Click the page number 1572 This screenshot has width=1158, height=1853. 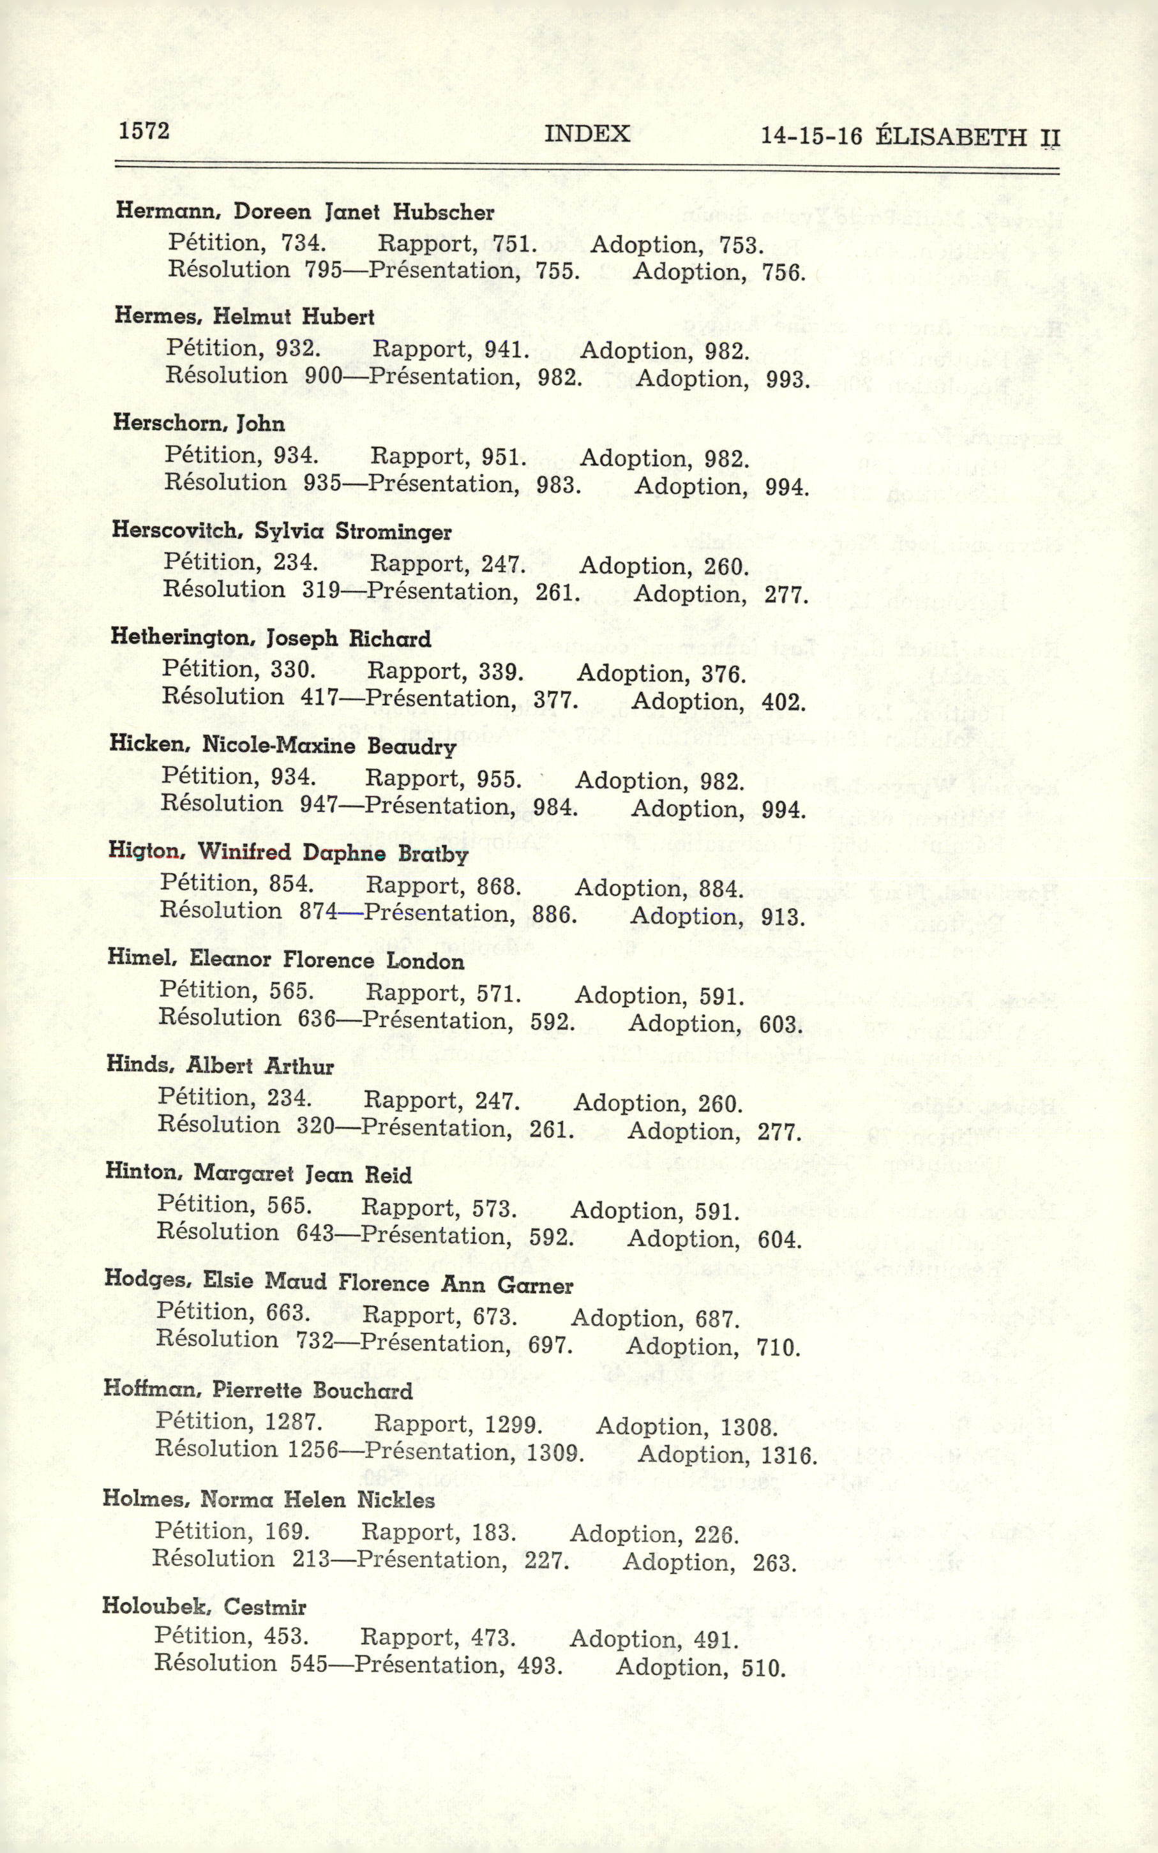click(x=144, y=131)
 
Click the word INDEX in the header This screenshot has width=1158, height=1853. click(x=587, y=134)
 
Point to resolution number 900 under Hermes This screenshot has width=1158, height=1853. click(x=322, y=375)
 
